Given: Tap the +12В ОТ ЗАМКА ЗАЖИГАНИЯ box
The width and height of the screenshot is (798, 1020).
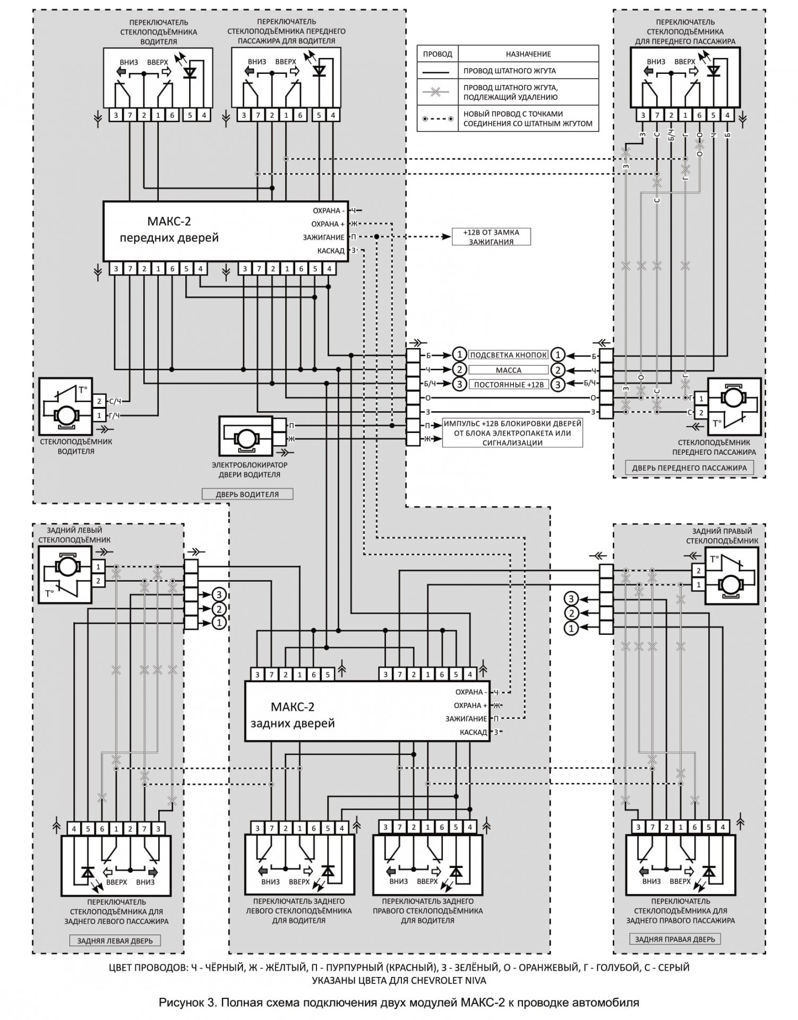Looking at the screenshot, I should pyautogui.click(x=491, y=237).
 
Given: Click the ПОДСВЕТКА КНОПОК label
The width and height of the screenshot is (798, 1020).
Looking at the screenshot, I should pyautogui.click(x=508, y=355).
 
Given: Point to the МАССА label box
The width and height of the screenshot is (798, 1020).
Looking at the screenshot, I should pyautogui.click(x=508, y=370).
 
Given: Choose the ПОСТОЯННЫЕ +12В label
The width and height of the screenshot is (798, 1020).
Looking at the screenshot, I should pyautogui.click(x=508, y=384).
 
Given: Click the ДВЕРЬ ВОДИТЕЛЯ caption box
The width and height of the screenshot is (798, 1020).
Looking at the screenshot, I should pyautogui.click(x=247, y=494).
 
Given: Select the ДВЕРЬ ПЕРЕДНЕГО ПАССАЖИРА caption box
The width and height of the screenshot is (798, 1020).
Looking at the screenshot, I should pyautogui.click(x=689, y=468).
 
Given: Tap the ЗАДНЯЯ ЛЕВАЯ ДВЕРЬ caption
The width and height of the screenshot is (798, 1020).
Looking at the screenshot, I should pyautogui.click(x=115, y=941).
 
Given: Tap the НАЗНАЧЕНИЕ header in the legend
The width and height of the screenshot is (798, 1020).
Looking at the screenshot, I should pyautogui.click(x=528, y=54).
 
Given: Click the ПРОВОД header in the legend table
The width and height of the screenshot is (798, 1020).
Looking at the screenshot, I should pyautogui.click(x=437, y=54).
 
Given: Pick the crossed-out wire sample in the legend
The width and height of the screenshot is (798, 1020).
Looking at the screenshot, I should pyautogui.click(x=437, y=91).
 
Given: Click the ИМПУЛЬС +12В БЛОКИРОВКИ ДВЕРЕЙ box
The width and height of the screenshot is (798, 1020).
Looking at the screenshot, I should pyautogui.click(x=512, y=433).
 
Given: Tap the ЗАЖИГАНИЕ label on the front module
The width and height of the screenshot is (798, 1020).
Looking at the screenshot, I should pyautogui.click(x=323, y=237).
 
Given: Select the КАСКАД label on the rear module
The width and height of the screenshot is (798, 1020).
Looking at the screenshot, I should pyautogui.click(x=473, y=732).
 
